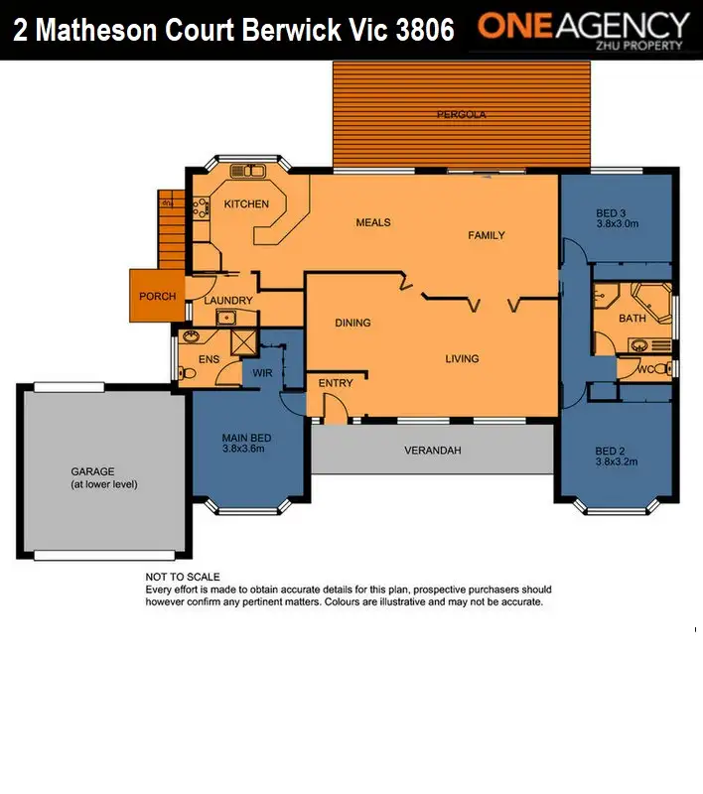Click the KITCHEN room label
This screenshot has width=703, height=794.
coord(245,204)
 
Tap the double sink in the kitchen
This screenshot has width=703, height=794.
coord(249,171)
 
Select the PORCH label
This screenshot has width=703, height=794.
coord(157,296)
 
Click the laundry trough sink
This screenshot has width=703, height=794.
coord(225,318)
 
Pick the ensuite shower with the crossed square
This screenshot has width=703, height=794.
coord(243,341)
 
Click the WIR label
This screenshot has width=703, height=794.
coord(263,374)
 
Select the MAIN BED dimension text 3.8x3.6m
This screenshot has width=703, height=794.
coord(246,449)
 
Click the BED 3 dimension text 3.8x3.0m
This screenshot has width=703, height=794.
coord(617,224)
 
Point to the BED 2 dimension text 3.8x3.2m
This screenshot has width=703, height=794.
coord(616,461)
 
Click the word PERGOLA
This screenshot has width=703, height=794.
coord(461,115)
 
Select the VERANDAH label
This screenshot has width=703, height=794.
coord(433,451)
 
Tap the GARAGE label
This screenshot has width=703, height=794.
coord(92,471)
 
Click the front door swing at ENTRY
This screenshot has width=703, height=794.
coord(336,409)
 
